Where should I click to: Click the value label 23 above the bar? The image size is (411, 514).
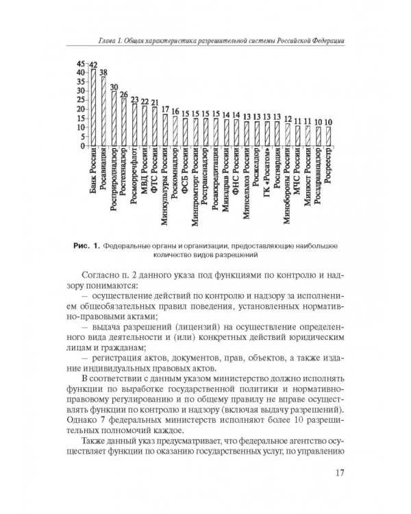pyautogui.click(x=134, y=99)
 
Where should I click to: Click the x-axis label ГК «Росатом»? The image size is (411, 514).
pyautogui.click(x=266, y=173)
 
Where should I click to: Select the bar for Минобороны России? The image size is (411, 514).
pyautogui.click(x=288, y=135)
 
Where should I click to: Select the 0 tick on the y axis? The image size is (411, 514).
pyautogui.click(x=84, y=146)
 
